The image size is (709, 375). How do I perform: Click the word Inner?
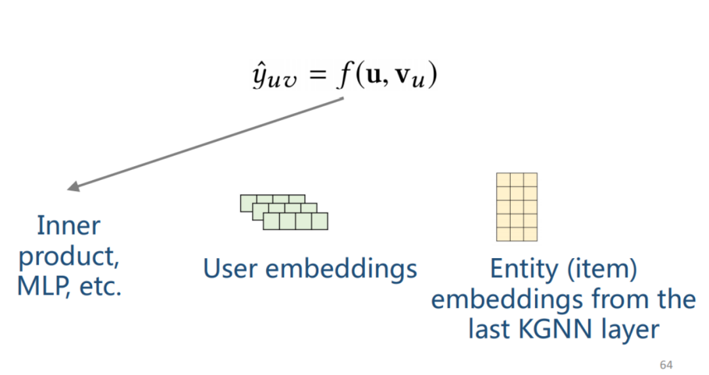tap(69, 225)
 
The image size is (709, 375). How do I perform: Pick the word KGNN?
tap(562, 329)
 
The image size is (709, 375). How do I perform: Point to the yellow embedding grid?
tap(517, 207)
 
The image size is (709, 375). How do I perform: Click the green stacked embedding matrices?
tap(284, 212)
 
